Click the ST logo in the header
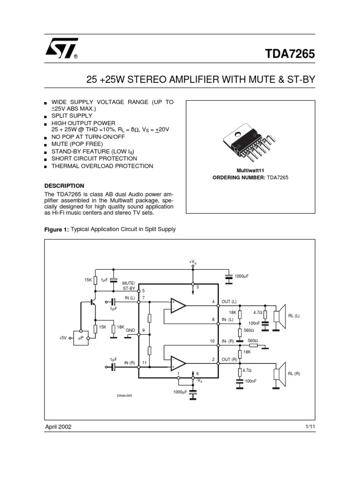(61, 48)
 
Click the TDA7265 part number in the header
(291, 53)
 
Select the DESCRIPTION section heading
(64, 186)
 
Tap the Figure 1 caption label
(56, 229)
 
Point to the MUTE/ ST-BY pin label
(128, 286)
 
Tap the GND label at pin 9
(130, 330)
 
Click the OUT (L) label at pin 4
(229, 301)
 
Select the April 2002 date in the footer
(58, 427)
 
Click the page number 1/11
(309, 427)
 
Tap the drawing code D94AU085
(124, 396)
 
